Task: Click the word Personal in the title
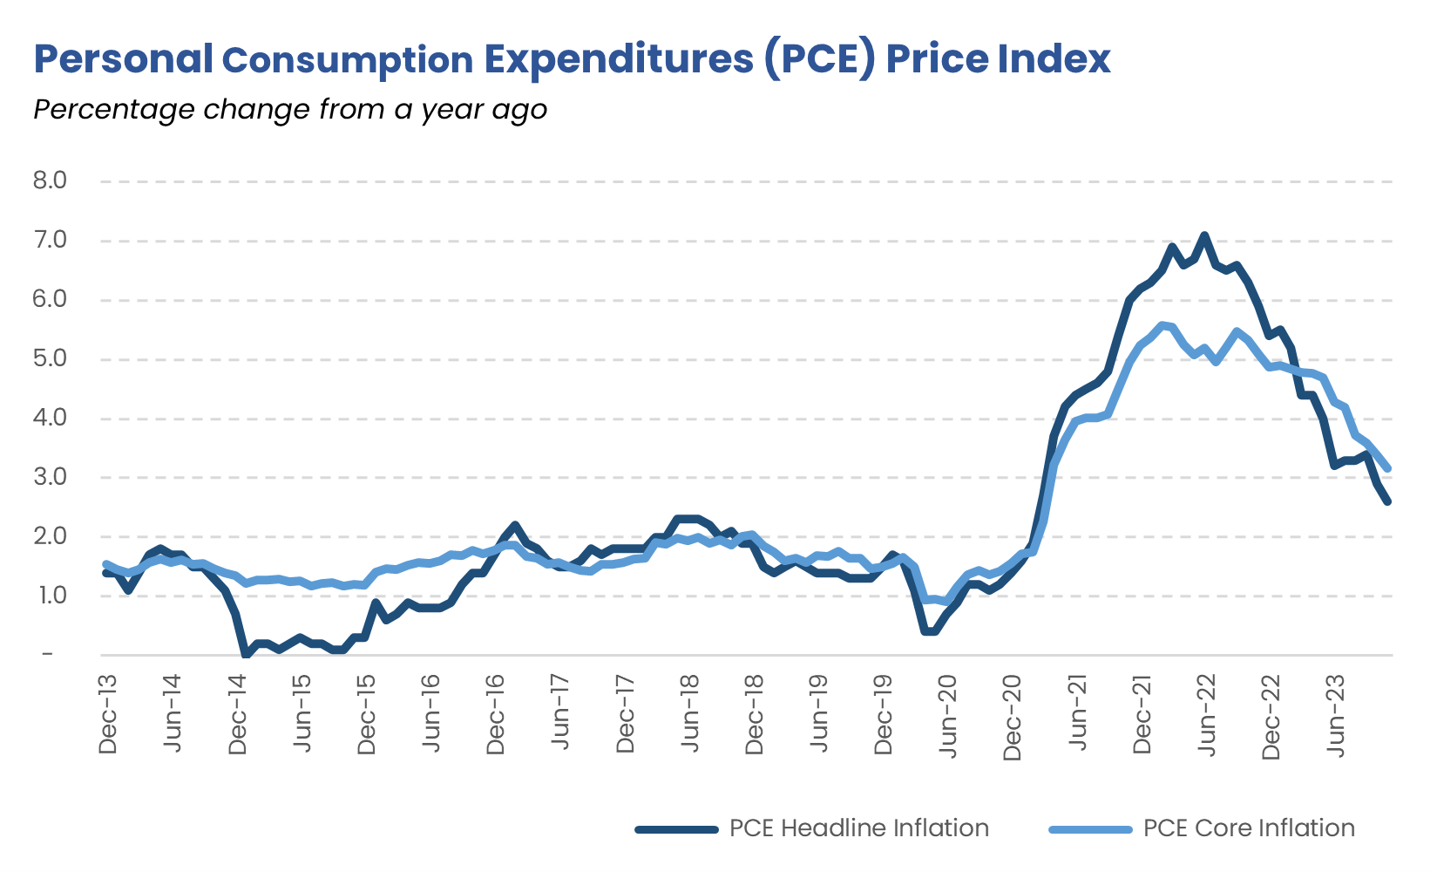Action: [123, 59]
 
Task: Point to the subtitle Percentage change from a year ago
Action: [290, 110]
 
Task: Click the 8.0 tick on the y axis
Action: [50, 181]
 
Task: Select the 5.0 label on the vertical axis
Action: [50, 358]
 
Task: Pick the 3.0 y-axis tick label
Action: [50, 477]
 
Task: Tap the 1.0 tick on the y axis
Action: [50, 596]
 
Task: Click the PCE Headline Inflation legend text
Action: [858, 828]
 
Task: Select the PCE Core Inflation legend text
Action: [1249, 828]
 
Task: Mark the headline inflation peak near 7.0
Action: [1204, 235]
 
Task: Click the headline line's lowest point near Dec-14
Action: [246, 654]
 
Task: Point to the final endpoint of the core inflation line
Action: [1387, 469]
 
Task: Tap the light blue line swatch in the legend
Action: [1090, 829]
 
